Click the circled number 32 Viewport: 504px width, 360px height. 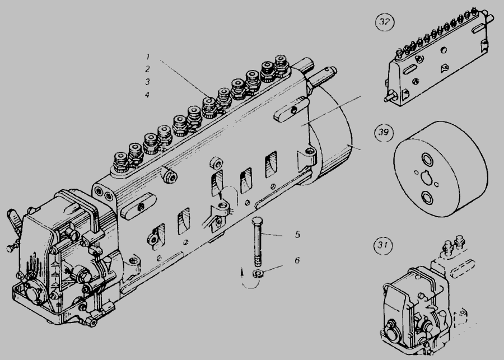384,22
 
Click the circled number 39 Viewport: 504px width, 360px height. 384,132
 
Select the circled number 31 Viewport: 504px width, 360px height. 383,246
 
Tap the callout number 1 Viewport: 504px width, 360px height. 148,57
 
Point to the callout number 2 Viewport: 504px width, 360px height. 147,69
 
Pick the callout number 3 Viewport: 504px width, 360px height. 147,82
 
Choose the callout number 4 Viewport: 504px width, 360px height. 147,95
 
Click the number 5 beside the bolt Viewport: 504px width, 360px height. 298,235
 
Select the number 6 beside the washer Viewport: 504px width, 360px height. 297,260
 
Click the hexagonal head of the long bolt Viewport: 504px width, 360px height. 258,222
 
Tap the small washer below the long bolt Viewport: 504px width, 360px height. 258,274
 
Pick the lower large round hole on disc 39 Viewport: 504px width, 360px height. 427,198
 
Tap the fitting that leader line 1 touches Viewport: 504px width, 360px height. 209,107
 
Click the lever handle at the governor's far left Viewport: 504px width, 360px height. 14,218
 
